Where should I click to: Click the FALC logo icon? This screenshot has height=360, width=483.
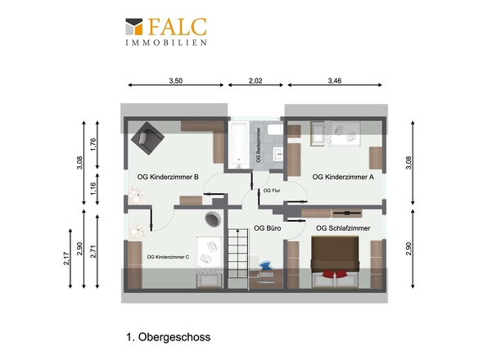coord(134,26)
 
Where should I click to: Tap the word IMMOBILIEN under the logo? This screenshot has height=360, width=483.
coord(166,43)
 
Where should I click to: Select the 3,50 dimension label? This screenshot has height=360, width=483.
coord(175,81)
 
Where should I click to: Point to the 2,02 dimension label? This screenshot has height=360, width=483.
coord(255,81)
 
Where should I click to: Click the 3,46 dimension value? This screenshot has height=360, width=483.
coord(335,81)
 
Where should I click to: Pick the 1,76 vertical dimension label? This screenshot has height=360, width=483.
coord(93,145)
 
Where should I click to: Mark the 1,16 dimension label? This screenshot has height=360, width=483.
coord(93,189)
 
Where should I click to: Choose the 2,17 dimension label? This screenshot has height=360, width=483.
coord(66,259)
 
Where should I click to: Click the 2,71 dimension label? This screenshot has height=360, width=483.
coord(93,251)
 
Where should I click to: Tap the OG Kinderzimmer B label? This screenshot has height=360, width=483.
coord(168,177)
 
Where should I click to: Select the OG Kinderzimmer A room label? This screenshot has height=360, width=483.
coord(343,177)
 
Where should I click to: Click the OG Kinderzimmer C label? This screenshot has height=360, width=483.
coord(168,257)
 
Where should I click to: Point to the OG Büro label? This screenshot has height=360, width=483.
coord(268,228)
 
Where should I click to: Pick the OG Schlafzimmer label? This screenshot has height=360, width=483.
coord(343,228)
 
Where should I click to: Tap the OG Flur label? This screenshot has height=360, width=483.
coord(272,191)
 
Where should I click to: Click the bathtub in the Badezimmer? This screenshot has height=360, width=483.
coord(239,145)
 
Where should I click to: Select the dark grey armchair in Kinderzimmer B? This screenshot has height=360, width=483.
coord(147,138)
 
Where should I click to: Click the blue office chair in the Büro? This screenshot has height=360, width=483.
coord(265,266)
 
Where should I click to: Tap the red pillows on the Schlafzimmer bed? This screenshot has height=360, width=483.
coord(335,274)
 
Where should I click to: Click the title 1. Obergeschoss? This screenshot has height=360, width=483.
coord(168,337)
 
